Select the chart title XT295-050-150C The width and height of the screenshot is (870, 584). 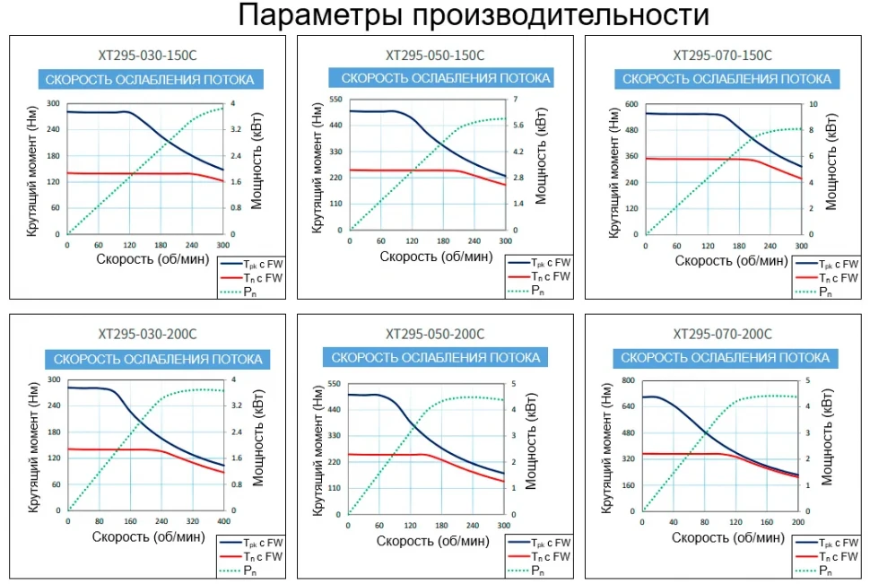click(x=435, y=55)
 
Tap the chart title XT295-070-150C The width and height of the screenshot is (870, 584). click(x=722, y=55)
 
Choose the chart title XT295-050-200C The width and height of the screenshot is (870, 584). click(x=435, y=335)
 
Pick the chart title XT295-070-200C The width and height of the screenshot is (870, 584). click(x=722, y=335)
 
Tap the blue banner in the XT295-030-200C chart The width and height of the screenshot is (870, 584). click(x=158, y=359)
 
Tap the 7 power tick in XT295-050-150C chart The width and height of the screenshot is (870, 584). click(x=516, y=99)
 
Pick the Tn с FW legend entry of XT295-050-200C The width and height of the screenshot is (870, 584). click(x=551, y=557)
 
